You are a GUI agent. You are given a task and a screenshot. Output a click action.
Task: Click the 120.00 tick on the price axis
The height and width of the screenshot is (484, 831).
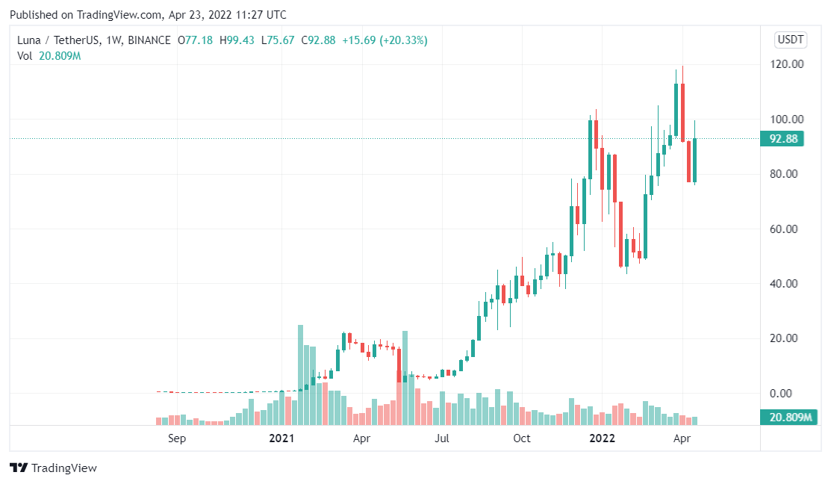788,64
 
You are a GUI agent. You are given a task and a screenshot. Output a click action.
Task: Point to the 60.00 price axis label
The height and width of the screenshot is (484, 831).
788,229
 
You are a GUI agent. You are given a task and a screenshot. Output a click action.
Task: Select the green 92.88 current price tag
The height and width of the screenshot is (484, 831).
781,139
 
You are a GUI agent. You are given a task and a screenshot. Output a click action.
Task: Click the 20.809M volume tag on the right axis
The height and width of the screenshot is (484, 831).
785,418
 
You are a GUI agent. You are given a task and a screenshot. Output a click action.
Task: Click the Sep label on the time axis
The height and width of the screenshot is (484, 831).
177,438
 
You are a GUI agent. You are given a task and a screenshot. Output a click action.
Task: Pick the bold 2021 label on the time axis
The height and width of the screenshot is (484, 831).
282,438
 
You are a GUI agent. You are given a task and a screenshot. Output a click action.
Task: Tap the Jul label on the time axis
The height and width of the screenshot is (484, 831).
441,438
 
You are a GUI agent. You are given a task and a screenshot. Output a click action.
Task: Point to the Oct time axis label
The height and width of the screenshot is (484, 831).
522,438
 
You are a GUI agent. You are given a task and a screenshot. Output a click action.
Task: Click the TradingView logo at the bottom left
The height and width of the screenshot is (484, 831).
53,468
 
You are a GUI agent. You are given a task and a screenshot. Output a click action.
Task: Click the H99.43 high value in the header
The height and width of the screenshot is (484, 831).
238,40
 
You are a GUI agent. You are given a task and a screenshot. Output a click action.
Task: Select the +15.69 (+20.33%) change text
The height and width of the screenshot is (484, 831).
385,40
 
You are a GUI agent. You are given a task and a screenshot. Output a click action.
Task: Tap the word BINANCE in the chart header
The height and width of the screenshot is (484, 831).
149,40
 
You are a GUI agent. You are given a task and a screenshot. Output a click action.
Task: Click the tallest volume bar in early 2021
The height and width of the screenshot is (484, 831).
300,373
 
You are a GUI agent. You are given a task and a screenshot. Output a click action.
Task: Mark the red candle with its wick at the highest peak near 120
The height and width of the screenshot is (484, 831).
682,112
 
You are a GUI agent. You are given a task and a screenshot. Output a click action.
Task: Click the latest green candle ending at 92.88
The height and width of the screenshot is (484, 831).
695,160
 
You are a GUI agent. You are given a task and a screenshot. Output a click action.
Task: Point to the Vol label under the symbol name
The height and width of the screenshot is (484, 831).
25,57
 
